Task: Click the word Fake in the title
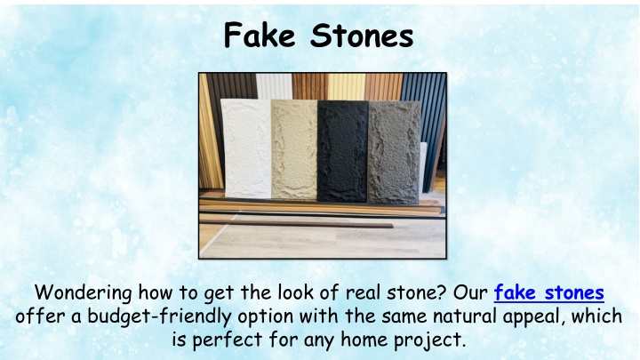260,36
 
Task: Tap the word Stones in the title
362,36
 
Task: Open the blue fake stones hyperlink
548,292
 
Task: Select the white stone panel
247,148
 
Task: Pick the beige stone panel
294,149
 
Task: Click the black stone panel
343,151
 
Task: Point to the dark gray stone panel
394,152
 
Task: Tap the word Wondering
84,293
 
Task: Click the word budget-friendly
159,316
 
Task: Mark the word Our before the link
470,293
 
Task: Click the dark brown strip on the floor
296,224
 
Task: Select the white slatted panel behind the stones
274,86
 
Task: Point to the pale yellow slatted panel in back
346,87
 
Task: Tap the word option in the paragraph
265,317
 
